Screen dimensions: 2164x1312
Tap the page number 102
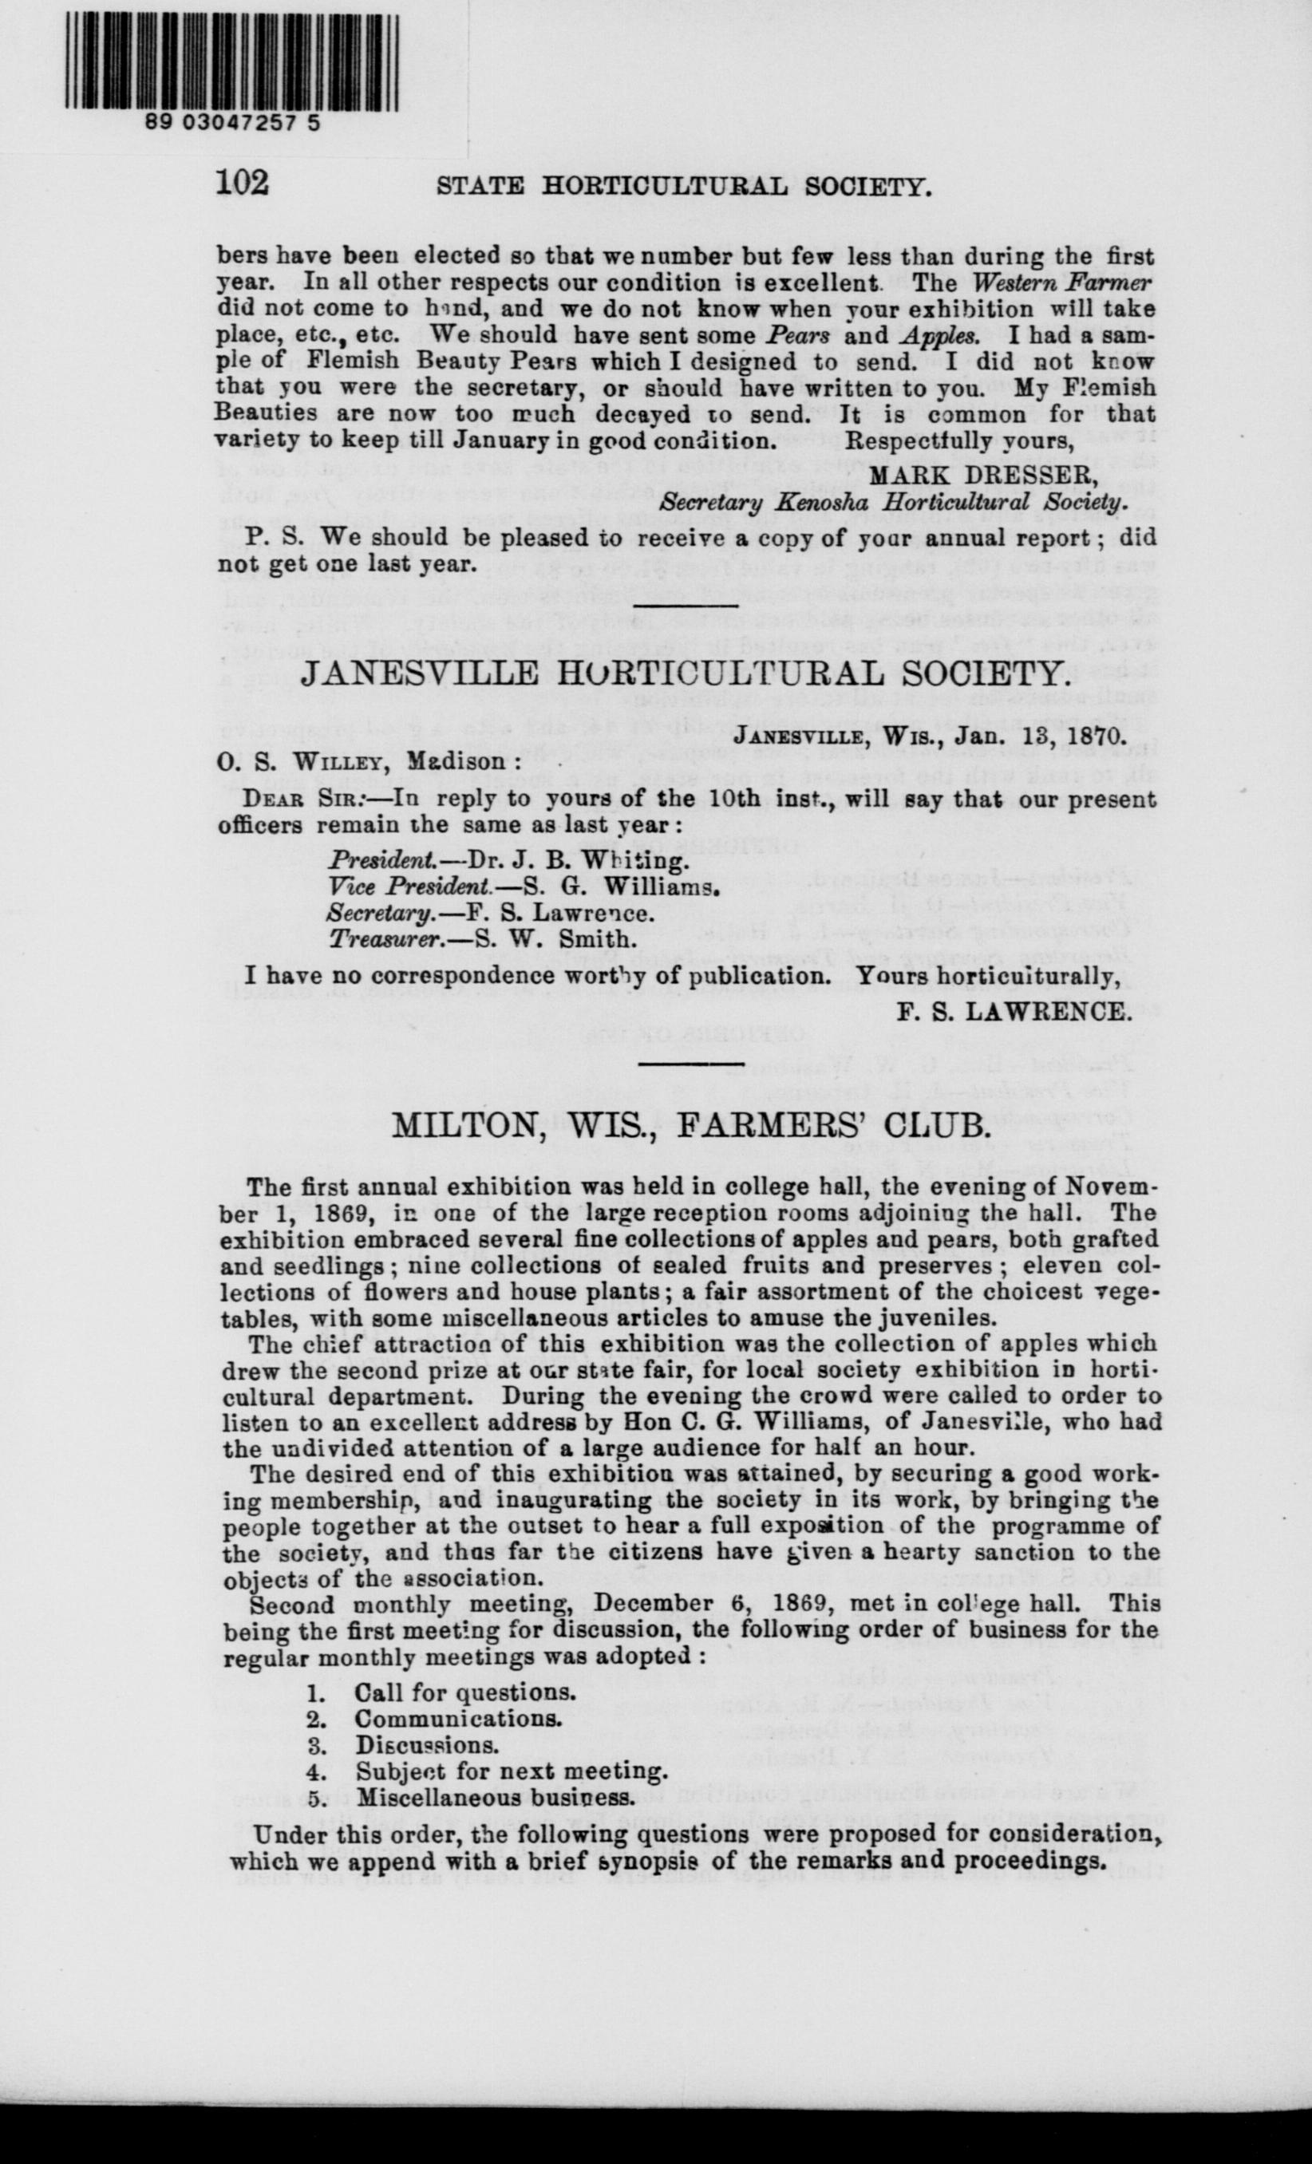pos(242,182)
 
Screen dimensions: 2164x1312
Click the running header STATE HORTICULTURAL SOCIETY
pos(683,186)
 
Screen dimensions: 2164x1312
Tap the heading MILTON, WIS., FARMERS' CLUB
pos(690,1125)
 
